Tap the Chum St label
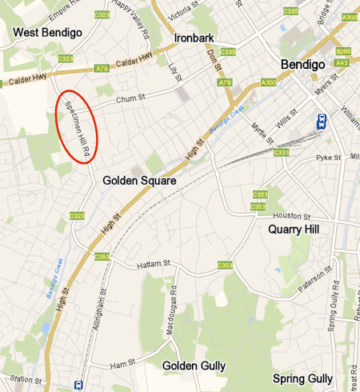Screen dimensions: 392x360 coord(127,99)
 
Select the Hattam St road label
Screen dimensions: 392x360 coord(154,263)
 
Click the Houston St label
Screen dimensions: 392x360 coord(290,216)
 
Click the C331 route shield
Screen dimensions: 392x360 coord(281,152)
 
